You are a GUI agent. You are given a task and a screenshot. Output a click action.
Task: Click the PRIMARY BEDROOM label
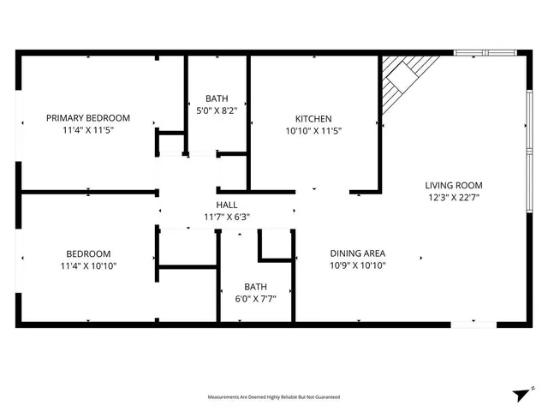(x=88, y=117)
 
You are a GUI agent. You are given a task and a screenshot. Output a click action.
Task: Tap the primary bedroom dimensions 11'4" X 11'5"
(x=88, y=131)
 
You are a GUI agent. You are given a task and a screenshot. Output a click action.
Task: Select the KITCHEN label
(x=313, y=118)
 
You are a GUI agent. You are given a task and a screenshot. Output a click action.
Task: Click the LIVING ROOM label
(x=454, y=185)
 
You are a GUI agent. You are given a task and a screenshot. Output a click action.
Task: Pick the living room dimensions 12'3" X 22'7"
(x=454, y=199)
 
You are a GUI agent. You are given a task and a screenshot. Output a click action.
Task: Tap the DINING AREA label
(x=358, y=253)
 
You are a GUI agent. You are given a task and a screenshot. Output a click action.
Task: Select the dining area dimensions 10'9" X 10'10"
(x=358, y=266)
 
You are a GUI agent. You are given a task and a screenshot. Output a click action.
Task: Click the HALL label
(x=227, y=205)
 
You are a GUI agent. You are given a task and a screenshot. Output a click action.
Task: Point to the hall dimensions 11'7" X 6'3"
(x=227, y=217)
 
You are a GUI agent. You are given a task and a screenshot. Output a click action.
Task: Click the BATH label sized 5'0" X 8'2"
(x=217, y=98)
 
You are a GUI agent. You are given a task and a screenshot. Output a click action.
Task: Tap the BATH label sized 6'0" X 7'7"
(x=256, y=287)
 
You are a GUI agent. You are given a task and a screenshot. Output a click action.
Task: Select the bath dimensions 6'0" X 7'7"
(x=256, y=300)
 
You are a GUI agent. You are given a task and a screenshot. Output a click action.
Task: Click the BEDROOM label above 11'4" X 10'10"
(x=88, y=253)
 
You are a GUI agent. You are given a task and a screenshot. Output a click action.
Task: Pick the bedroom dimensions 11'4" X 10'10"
(x=88, y=266)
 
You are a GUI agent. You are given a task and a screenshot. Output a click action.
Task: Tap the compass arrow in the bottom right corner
(x=520, y=394)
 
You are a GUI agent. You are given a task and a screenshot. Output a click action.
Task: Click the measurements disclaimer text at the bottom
(x=274, y=397)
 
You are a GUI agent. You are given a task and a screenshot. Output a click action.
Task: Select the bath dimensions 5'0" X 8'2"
(x=217, y=110)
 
